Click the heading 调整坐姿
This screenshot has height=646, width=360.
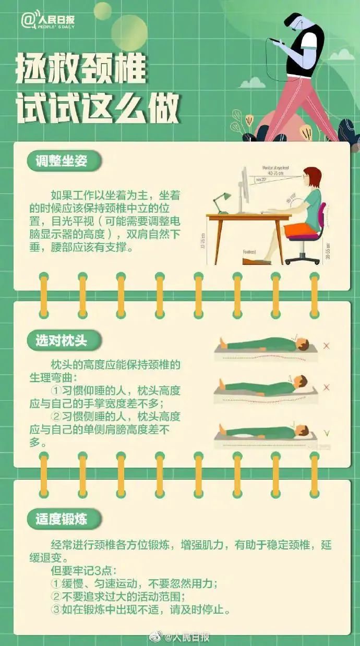pos(62,161)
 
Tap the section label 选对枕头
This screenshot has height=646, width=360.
pos(62,341)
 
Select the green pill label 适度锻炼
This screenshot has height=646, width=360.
pos(62,519)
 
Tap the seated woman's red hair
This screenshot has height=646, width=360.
pos(313,176)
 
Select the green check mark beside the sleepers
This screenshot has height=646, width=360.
pos(327,432)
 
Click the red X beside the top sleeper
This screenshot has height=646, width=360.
pos(327,346)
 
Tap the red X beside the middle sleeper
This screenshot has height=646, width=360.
pos(327,387)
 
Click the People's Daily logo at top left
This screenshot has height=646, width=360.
pos(49,20)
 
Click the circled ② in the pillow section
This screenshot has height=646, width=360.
pos(56,417)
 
